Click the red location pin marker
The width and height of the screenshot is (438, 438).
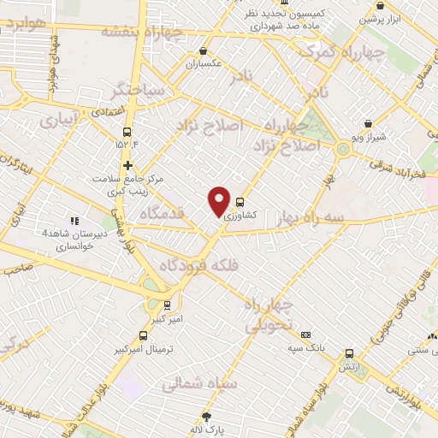pos(219,201)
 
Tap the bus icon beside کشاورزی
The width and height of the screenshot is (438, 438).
pos(240,204)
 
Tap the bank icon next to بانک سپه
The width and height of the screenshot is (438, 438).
pos(305,334)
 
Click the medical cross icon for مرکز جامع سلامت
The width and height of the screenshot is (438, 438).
pos(128,165)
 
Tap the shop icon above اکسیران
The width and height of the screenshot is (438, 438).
pos(202,51)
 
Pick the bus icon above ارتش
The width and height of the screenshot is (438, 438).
pos(349,353)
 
